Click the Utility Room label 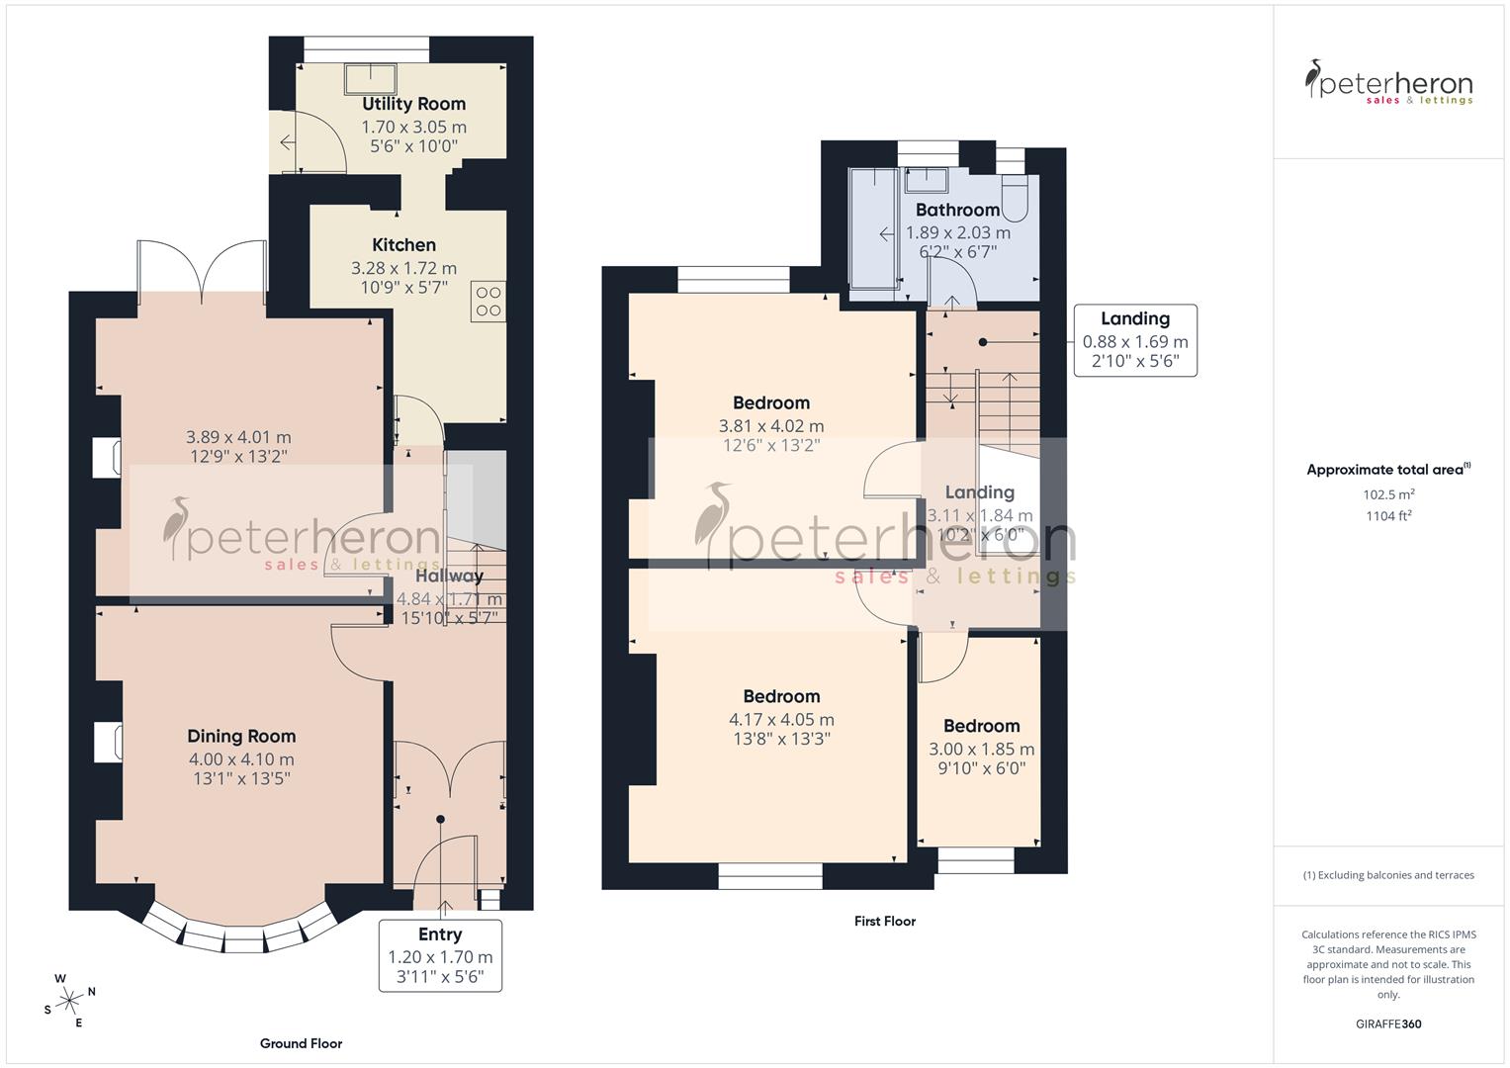[413, 104]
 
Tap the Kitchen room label [403, 245]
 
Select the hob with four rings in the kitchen [489, 301]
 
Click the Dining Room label [241, 736]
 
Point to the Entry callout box [440, 956]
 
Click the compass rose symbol [70, 1001]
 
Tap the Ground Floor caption [301, 1043]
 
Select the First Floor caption [885, 921]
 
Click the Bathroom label [957, 210]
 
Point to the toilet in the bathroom [1016, 199]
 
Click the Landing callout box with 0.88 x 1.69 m [1135, 340]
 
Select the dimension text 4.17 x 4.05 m [781, 720]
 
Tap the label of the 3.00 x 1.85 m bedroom [981, 726]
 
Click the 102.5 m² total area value [1388, 494]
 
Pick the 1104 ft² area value [1388, 515]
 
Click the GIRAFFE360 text [1388, 1024]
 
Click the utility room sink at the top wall [370, 76]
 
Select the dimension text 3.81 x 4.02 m [771, 426]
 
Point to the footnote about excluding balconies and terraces [1388, 875]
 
